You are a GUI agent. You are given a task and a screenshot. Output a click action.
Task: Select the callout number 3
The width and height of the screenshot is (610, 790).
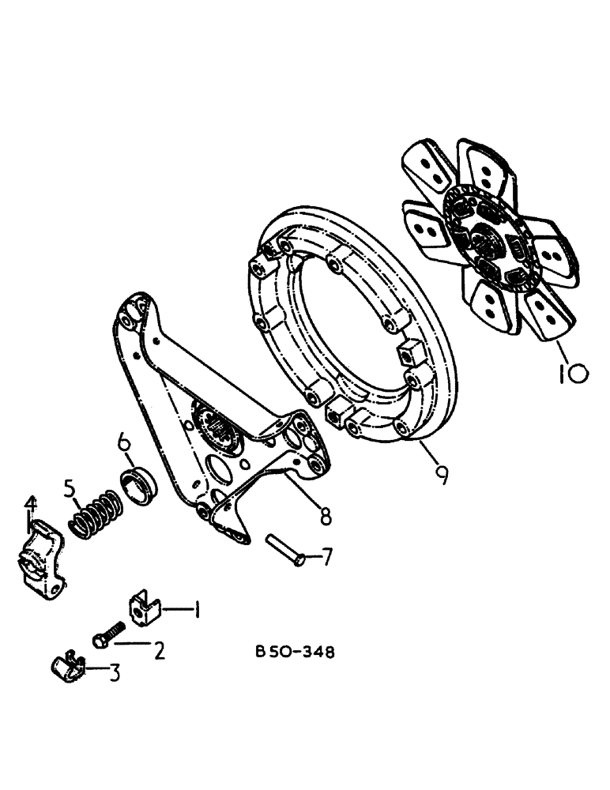pos(115,673)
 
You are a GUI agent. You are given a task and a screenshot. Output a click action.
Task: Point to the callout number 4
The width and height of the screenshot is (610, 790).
pos(30,503)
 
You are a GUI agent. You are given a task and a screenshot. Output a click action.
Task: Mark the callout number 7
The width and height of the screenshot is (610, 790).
pos(326,557)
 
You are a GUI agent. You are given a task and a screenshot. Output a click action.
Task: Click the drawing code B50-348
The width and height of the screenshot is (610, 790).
pos(295,653)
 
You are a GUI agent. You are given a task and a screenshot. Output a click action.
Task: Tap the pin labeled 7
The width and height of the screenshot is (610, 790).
pos(282,547)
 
